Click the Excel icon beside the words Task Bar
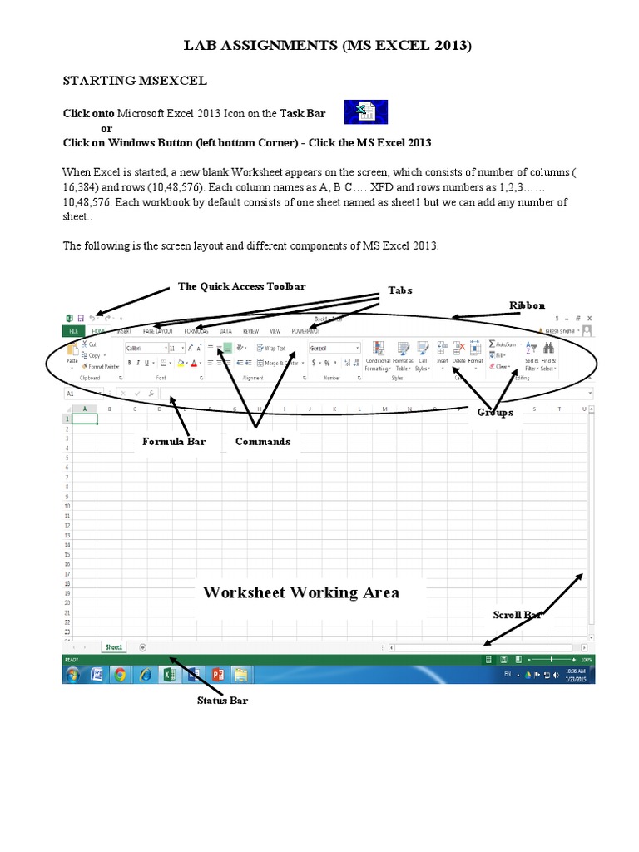(x=365, y=112)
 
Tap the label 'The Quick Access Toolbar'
(x=241, y=286)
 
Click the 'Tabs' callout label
(x=400, y=290)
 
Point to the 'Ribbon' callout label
(x=527, y=305)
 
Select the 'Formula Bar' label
(x=173, y=441)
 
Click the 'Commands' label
(x=262, y=441)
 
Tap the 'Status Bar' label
(x=222, y=701)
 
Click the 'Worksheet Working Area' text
(x=301, y=592)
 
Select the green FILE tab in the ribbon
(x=73, y=330)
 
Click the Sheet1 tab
(x=113, y=646)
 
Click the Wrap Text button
(x=272, y=349)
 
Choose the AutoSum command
(x=503, y=344)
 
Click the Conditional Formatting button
(x=377, y=355)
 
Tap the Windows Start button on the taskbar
(x=72, y=674)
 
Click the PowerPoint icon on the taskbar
(x=219, y=674)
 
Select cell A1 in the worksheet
(x=85, y=419)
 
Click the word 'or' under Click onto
(x=106, y=128)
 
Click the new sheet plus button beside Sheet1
(x=143, y=646)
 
